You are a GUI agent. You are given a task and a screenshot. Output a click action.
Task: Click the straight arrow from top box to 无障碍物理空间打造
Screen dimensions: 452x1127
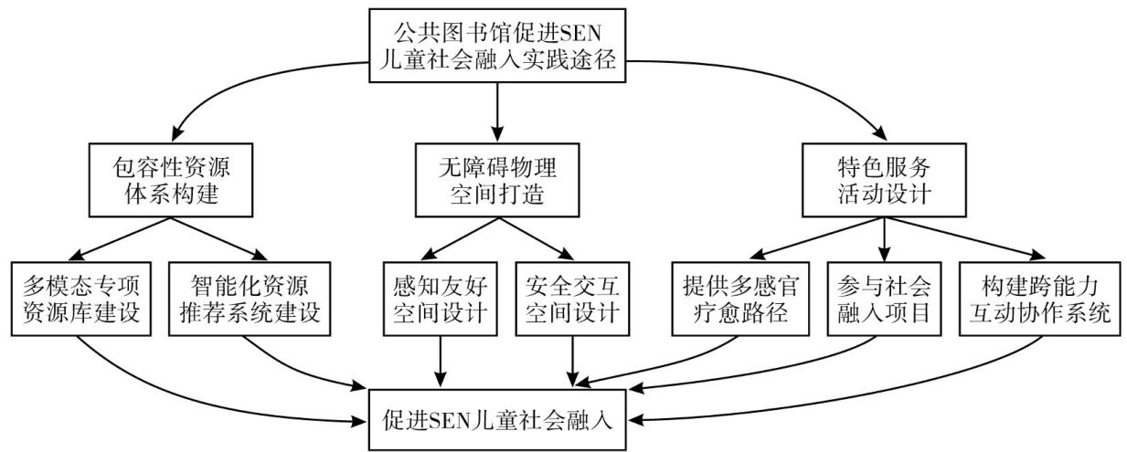496,110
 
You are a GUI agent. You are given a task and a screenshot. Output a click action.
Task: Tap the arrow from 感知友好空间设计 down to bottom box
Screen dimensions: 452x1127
441,359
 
